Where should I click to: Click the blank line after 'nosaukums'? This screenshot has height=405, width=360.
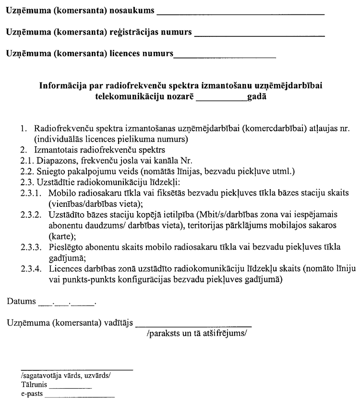(240, 14)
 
